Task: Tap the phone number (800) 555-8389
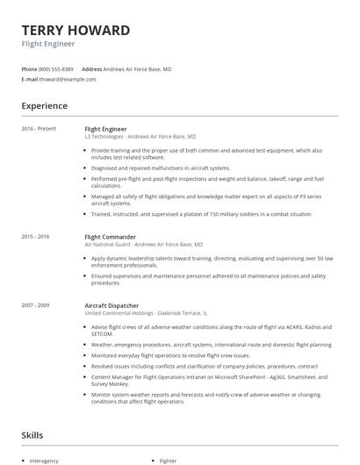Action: coord(56,68)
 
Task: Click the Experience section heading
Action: coord(45,106)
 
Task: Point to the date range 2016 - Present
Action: coord(39,128)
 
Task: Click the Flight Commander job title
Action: coord(110,237)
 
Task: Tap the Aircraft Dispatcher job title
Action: coord(112,304)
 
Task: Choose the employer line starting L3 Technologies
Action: coord(140,137)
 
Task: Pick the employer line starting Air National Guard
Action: coord(143,245)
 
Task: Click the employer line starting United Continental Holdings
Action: coord(146,312)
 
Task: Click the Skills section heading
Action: coord(33,434)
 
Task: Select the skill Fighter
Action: coord(168,460)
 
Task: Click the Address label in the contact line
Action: coord(91,68)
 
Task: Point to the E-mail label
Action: coord(29,79)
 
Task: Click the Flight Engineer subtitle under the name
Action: coord(48,44)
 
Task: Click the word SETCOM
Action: coord(102,333)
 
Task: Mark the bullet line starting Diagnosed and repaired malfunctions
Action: coord(160,168)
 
